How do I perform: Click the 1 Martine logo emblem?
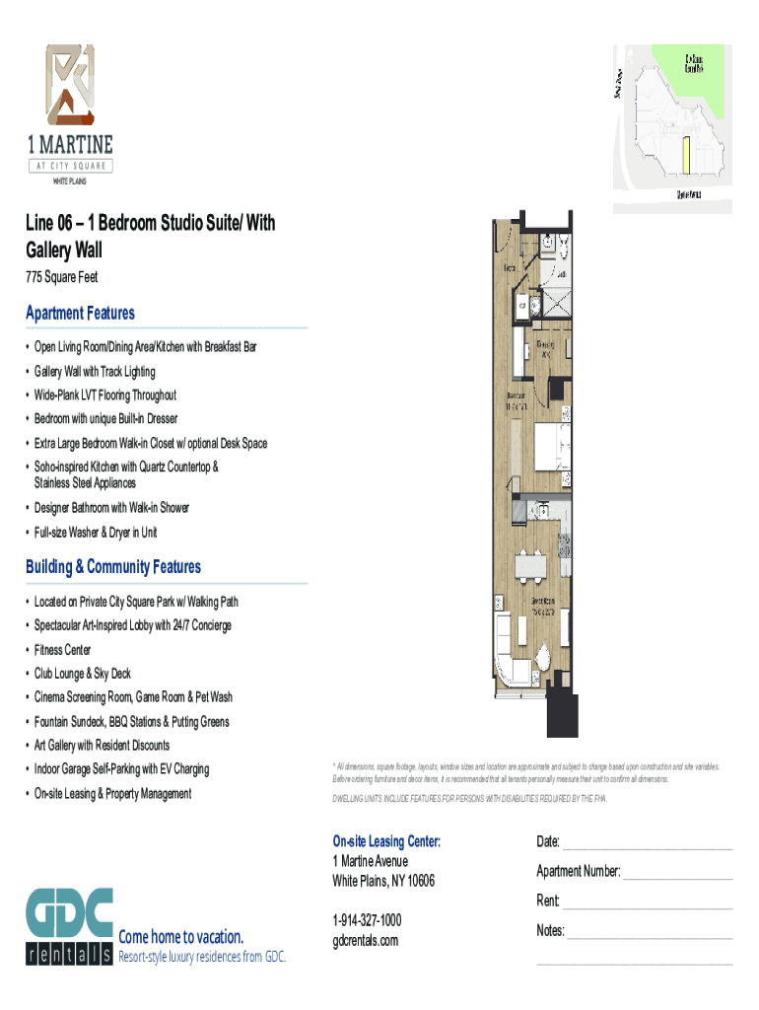tap(70, 85)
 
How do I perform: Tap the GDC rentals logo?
tap(69, 926)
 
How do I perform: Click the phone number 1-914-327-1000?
tap(367, 919)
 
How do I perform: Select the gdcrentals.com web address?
tap(366, 940)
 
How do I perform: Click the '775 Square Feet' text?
tap(61, 277)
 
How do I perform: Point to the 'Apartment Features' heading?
tap(80, 313)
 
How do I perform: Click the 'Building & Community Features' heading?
tap(113, 566)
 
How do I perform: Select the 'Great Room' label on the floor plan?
tap(544, 604)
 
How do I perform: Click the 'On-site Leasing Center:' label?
tap(386, 841)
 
